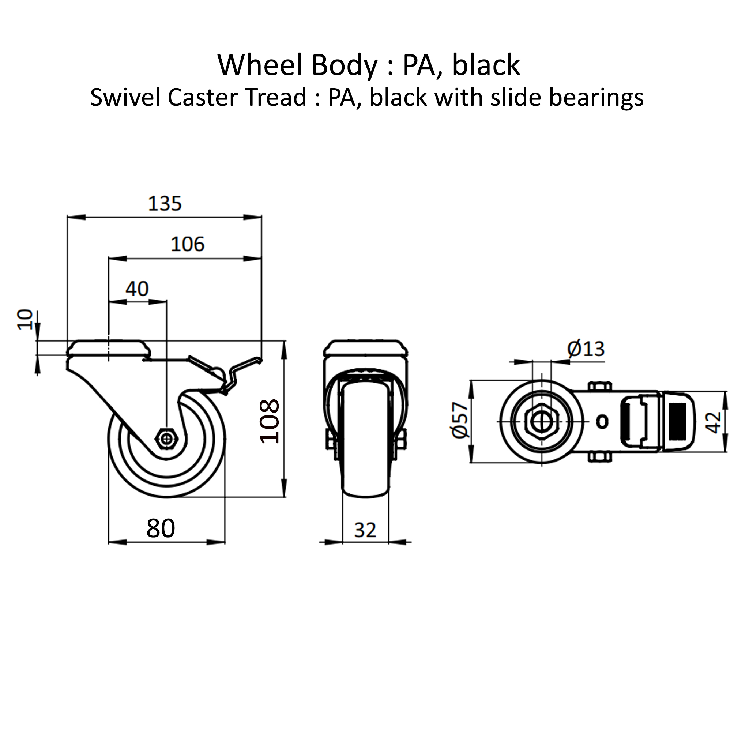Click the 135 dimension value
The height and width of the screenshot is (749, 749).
[x=165, y=204]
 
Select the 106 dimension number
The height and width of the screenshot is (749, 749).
[x=188, y=244]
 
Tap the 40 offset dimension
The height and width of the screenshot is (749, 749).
[x=137, y=289]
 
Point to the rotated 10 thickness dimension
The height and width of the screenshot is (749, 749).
[x=26, y=319]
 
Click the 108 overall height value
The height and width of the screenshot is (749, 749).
[x=270, y=421]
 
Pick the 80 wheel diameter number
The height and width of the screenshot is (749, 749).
[x=161, y=528]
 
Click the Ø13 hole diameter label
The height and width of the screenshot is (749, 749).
[x=586, y=349]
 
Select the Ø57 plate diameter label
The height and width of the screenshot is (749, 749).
[x=460, y=421]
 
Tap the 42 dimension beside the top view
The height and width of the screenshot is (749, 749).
[x=714, y=422]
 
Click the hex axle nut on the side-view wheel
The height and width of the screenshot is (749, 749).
[x=167, y=439]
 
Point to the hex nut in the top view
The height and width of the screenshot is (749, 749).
[x=541, y=421]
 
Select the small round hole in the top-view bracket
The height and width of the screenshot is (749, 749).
[x=602, y=421]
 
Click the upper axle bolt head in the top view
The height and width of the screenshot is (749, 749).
[x=600, y=387]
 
